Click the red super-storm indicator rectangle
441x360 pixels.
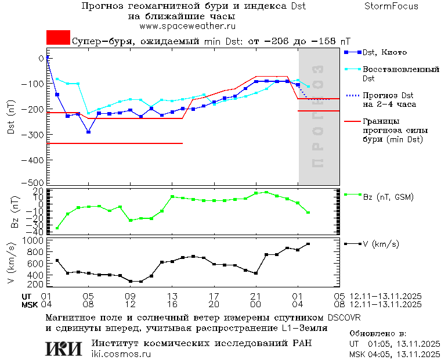click(58, 37)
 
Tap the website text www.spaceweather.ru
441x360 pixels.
click(186, 26)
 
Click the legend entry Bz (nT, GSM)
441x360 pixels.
click(388, 197)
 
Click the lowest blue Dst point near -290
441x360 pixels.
click(88, 132)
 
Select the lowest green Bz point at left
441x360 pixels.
click(57, 228)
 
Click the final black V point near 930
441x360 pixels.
click(308, 244)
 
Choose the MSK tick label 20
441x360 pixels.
click(214, 304)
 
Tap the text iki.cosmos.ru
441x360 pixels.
click(121, 354)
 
